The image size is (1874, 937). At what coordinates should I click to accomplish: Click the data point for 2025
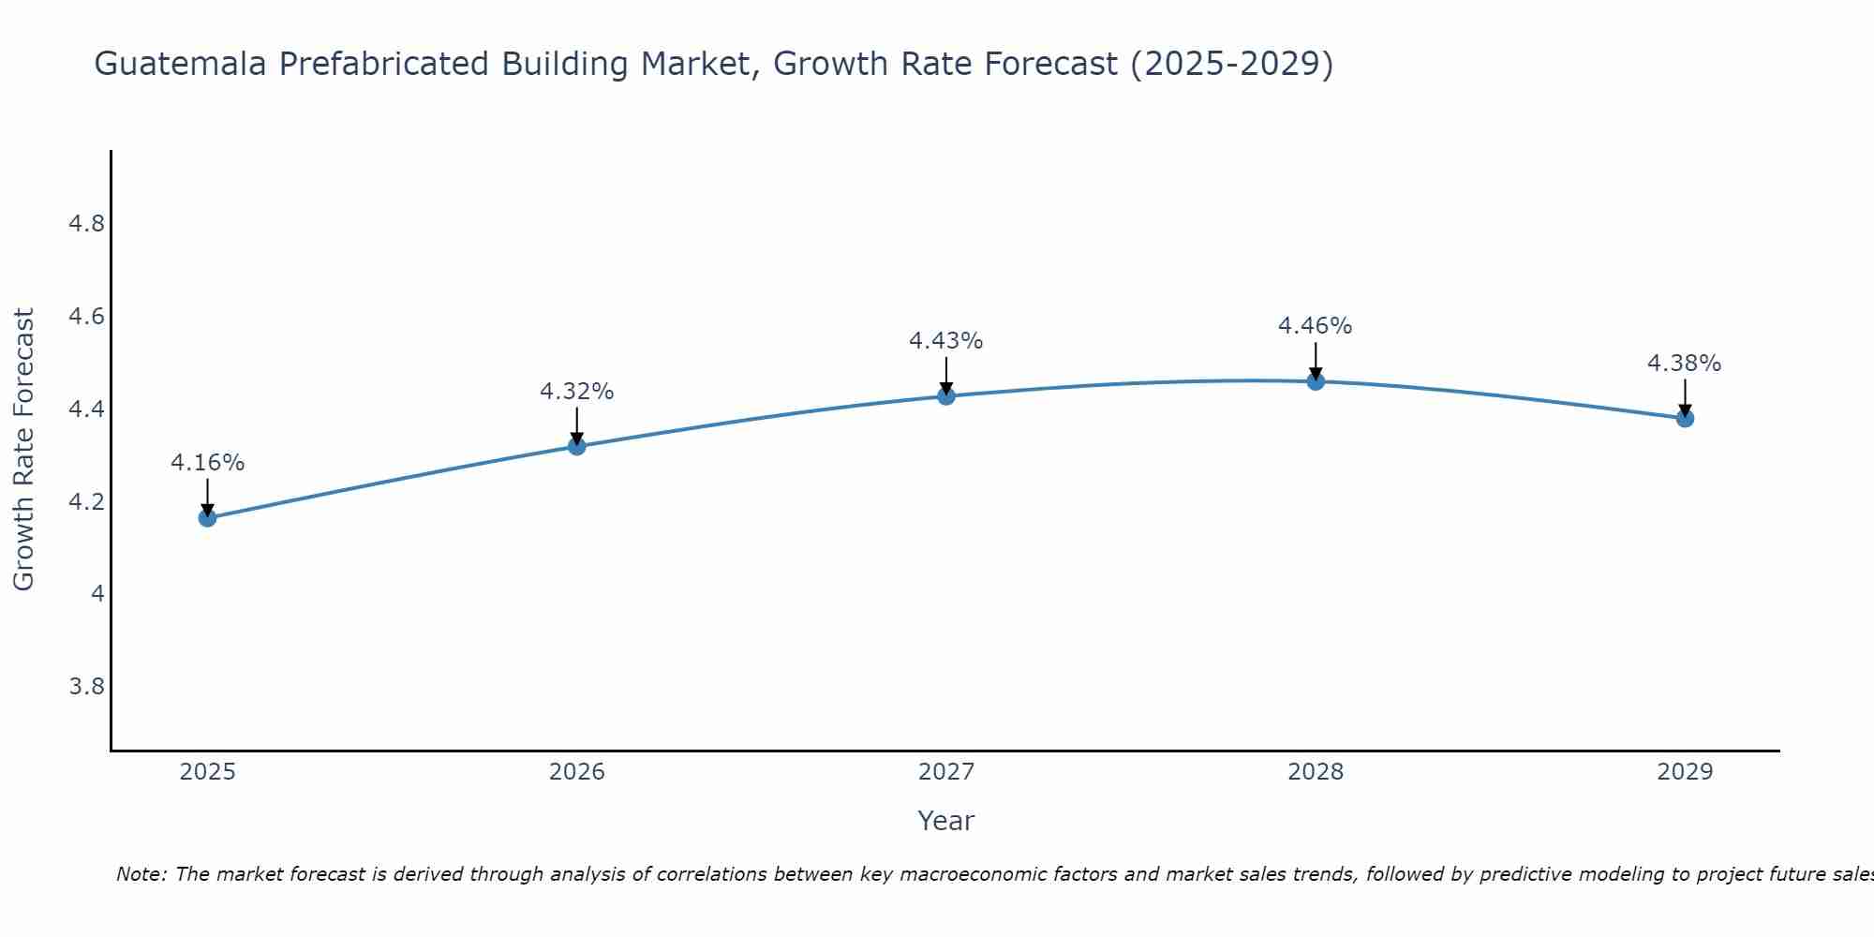tap(207, 518)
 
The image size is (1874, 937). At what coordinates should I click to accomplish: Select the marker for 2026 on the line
tap(576, 446)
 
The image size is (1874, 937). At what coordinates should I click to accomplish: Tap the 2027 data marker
tap(945, 396)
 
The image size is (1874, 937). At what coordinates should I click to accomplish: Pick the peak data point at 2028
tap(1315, 381)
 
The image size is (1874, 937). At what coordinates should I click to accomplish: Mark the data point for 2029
tap(1684, 418)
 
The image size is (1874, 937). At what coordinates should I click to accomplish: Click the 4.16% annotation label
tap(207, 463)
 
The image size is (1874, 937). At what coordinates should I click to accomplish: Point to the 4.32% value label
tap(576, 392)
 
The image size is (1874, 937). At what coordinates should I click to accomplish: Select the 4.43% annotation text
tap(945, 341)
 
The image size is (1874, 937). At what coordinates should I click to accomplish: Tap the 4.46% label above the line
tap(1315, 326)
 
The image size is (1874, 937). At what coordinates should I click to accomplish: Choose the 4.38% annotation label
tap(1684, 364)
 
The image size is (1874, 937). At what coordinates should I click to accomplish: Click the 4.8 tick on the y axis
tap(87, 224)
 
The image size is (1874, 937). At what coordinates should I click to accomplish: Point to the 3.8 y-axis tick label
tap(87, 687)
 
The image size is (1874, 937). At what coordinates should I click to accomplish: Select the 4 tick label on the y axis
tap(97, 594)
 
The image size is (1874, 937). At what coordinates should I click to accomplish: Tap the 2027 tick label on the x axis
tap(945, 772)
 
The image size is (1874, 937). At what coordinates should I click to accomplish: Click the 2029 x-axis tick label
tap(1684, 772)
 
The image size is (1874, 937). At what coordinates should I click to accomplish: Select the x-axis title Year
tap(945, 821)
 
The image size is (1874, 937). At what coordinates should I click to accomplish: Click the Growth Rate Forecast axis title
tap(23, 450)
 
